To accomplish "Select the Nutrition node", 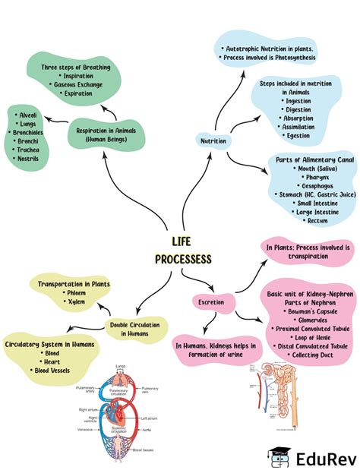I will coord(213,141).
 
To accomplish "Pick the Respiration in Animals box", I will coord(107,134).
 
